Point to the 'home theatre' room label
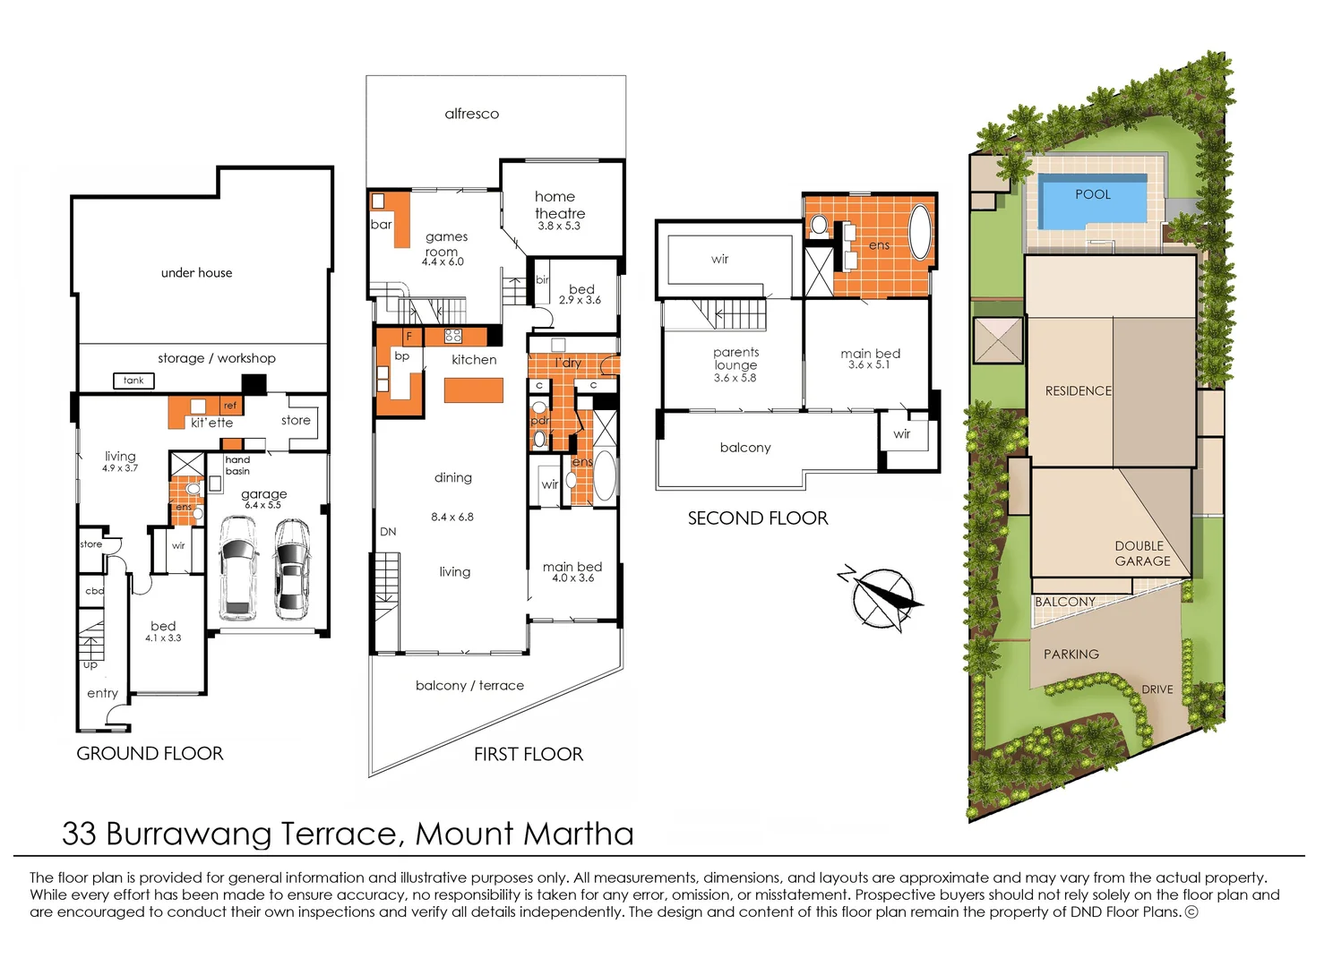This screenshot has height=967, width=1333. (x=559, y=205)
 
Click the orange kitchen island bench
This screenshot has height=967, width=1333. (x=474, y=390)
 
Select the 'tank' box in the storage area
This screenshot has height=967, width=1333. (x=133, y=381)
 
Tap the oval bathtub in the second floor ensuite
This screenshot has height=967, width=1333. (x=920, y=232)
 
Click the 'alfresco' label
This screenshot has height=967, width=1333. (x=471, y=114)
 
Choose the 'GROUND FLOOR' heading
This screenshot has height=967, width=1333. (x=150, y=754)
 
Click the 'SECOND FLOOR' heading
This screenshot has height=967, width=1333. (x=758, y=518)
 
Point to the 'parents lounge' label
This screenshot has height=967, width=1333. (x=735, y=359)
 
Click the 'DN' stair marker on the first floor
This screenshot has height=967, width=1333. (x=388, y=532)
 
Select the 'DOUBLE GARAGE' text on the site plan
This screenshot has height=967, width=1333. (x=1141, y=553)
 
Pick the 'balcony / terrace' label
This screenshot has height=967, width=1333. (x=469, y=686)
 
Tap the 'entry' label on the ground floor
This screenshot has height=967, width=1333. (x=102, y=693)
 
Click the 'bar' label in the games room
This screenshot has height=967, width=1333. (x=382, y=225)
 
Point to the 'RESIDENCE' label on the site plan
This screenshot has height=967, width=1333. (x=1078, y=391)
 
